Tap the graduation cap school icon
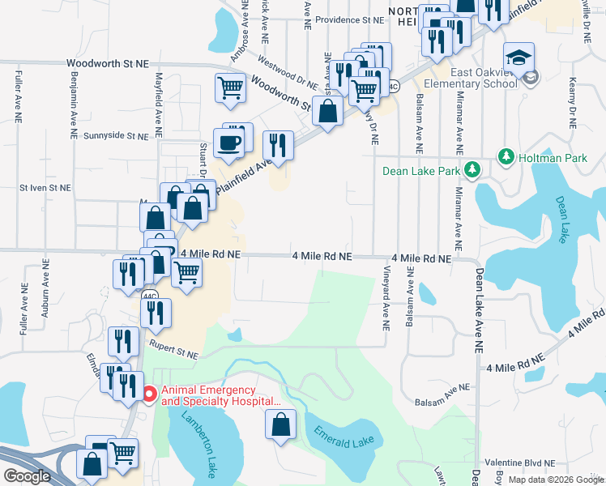tap(519, 58)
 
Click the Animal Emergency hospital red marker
tap(149, 395)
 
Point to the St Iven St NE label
tap(45, 187)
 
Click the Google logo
tap(27, 476)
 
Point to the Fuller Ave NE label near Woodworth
tap(18, 97)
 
